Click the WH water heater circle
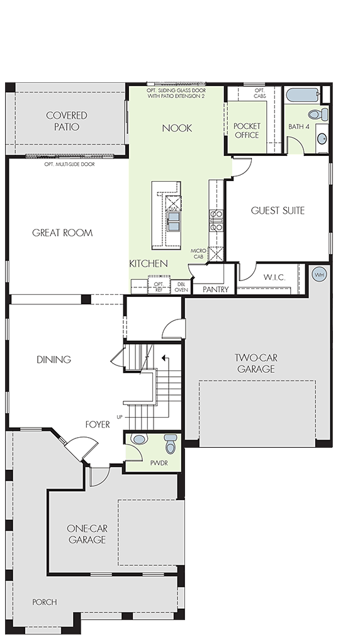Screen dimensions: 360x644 pyautogui.click(x=319, y=274)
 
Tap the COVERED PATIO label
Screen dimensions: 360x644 pyautogui.click(x=67, y=121)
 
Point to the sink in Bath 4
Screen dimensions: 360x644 pyautogui.click(x=323, y=138)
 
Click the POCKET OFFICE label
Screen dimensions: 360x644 pyautogui.click(x=247, y=131)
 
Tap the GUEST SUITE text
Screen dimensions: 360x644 pyautogui.click(x=278, y=211)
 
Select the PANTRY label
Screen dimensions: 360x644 pyautogui.click(x=215, y=289)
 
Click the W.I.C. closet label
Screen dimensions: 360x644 pyautogui.click(x=274, y=277)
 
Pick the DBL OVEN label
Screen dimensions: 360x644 pyautogui.click(x=181, y=287)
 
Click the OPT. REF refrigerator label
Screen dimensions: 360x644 pyautogui.click(x=159, y=287)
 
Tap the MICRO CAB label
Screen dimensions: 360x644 pyautogui.click(x=198, y=254)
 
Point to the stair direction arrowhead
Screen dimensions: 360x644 pyautogui.click(x=164, y=358)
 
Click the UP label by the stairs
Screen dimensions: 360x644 pyautogui.click(x=120, y=417)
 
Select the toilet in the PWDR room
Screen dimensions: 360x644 pyautogui.click(x=171, y=443)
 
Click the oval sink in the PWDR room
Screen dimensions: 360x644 pyautogui.click(x=139, y=439)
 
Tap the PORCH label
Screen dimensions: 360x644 pyautogui.click(x=45, y=602)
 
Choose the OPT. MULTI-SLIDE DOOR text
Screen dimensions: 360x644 pyautogui.click(x=69, y=164)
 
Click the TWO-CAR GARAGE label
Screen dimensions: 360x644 pyautogui.click(x=256, y=363)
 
